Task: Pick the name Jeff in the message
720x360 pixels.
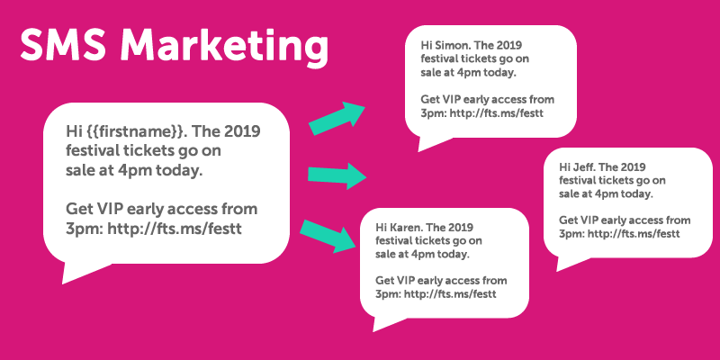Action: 584,167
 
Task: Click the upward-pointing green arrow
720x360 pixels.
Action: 337,119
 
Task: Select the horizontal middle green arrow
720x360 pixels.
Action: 337,175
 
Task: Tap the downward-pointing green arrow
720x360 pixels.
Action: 328,237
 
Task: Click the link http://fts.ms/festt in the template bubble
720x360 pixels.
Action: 174,229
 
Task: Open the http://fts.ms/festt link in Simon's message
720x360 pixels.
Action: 497,113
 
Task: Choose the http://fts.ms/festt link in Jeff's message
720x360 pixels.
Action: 634,234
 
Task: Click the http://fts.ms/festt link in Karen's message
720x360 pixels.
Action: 450,294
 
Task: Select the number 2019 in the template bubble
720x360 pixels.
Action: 242,131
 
